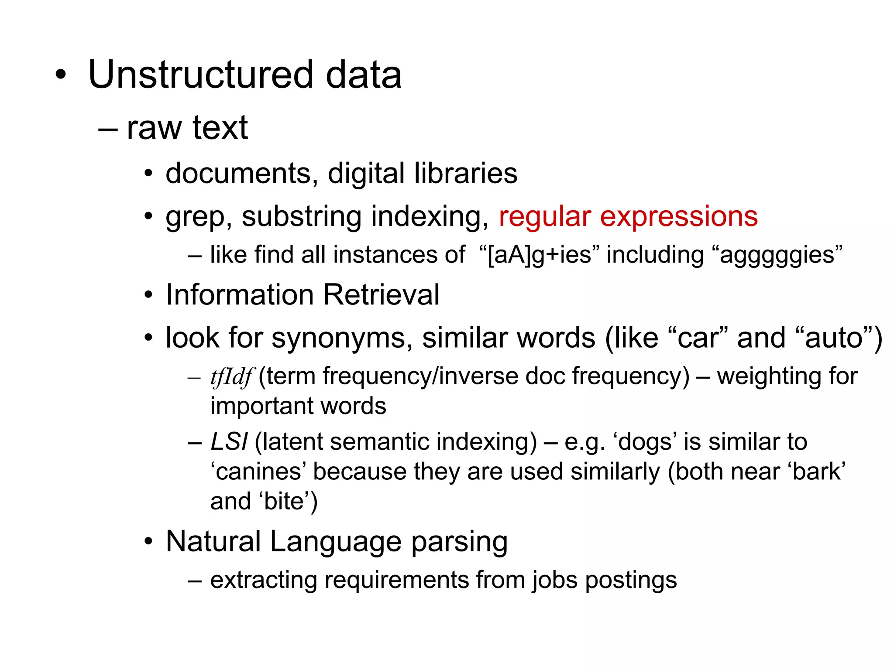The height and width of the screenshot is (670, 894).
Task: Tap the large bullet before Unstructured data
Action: [x=61, y=75]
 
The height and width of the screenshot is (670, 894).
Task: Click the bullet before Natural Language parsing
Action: [x=149, y=542]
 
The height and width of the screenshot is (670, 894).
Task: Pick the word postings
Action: [x=631, y=580]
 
